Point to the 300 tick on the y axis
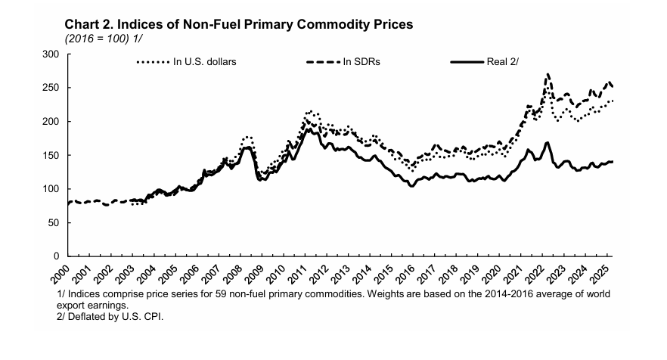click(51, 54)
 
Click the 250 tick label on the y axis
click(51, 88)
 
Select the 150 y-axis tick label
click(51, 155)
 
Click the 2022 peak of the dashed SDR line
click(548, 74)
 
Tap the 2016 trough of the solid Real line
click(411, 185)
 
